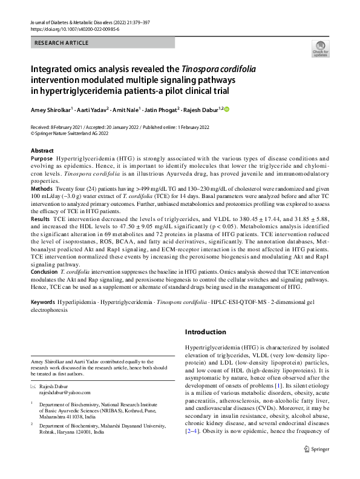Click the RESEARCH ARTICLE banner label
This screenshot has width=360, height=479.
[x=62, y=43]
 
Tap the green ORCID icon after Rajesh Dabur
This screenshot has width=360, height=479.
[x=227, y=109]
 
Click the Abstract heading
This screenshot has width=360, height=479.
[x=42, y=150]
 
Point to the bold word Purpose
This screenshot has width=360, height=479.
[x=41, y=157]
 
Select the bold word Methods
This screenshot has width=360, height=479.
[x=42, y=189]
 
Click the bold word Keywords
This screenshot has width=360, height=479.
[x=44, y=301]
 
